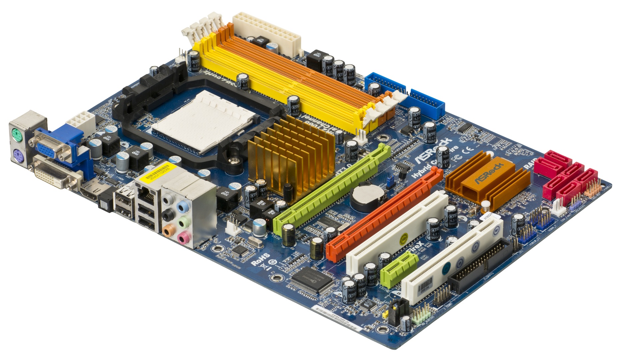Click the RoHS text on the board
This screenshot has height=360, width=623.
tap(260, 259)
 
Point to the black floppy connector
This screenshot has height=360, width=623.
tap(480, 267)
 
